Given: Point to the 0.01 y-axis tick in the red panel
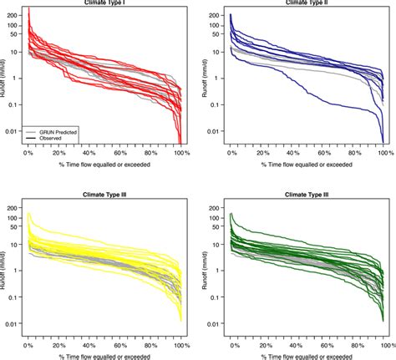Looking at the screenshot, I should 12,131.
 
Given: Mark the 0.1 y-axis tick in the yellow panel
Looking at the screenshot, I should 13,297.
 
